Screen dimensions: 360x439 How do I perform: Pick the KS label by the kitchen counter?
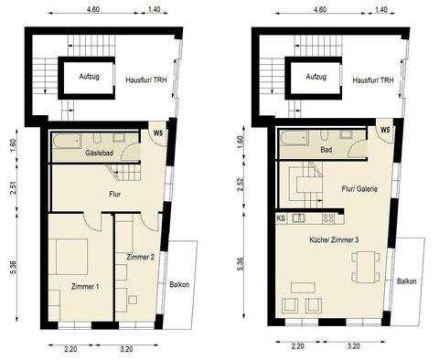click(x=280, y=219)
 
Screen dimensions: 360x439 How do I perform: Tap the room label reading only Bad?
click(x=325, y=151)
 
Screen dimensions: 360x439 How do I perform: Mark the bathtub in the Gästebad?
click(x=70, y=142)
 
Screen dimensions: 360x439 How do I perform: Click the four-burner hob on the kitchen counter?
click(x=328, y=219)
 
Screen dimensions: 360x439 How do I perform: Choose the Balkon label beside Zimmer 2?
click(x=180, y=285)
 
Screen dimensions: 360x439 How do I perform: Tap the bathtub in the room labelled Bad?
click(x=297, y=139)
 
